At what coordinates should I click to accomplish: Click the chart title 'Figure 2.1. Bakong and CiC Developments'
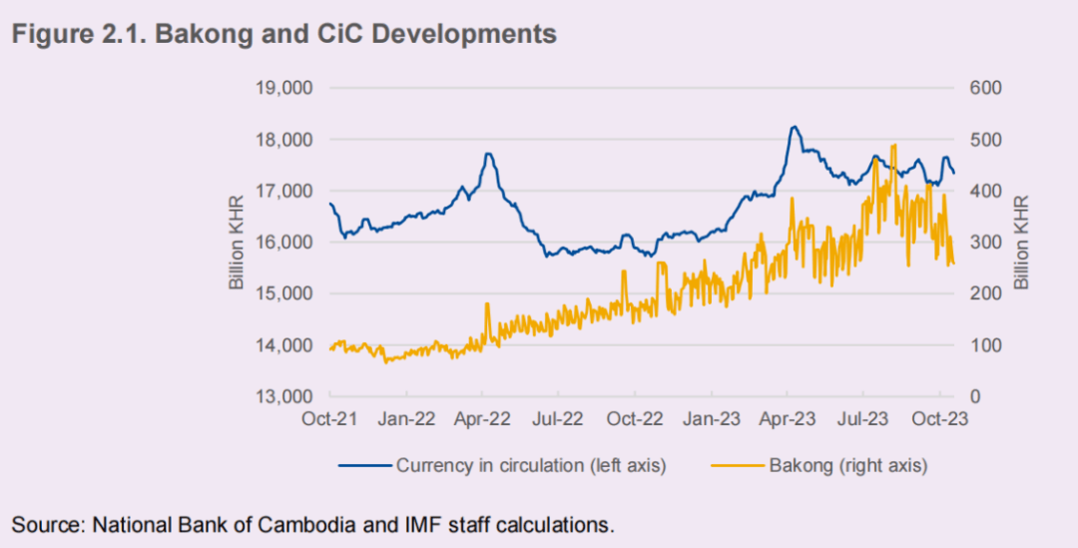click(x=283, y=34)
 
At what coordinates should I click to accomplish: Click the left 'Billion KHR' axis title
click(x=237, y=243)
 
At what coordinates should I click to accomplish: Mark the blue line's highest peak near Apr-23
click(x=794, y=127)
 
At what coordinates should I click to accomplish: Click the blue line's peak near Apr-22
click(x=488, y=154)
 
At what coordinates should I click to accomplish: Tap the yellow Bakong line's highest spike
click(x=892, y=145)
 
